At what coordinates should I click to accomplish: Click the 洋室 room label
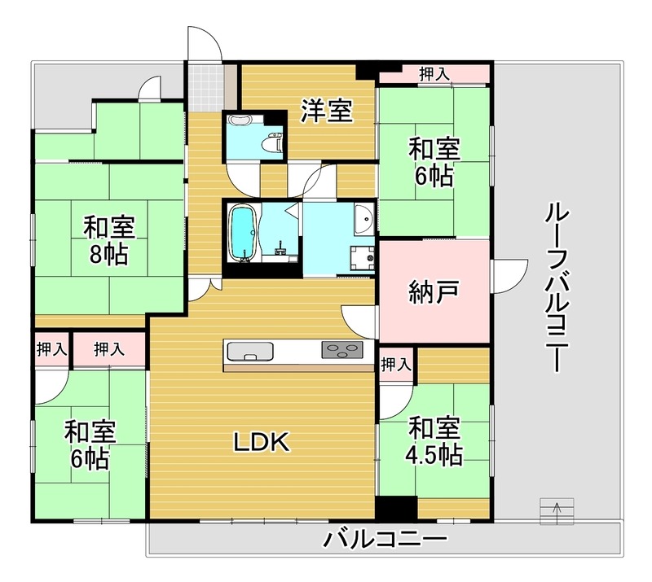(x=327, y=111)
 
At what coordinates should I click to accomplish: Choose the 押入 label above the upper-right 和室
(x=434, y=74)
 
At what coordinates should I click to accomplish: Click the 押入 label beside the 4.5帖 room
(x=395, y=364)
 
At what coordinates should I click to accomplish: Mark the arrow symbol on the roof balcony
(x=557, y=510)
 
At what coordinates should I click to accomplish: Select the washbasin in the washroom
(x=364, y=218)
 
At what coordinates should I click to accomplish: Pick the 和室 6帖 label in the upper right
(x=434, y=161)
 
